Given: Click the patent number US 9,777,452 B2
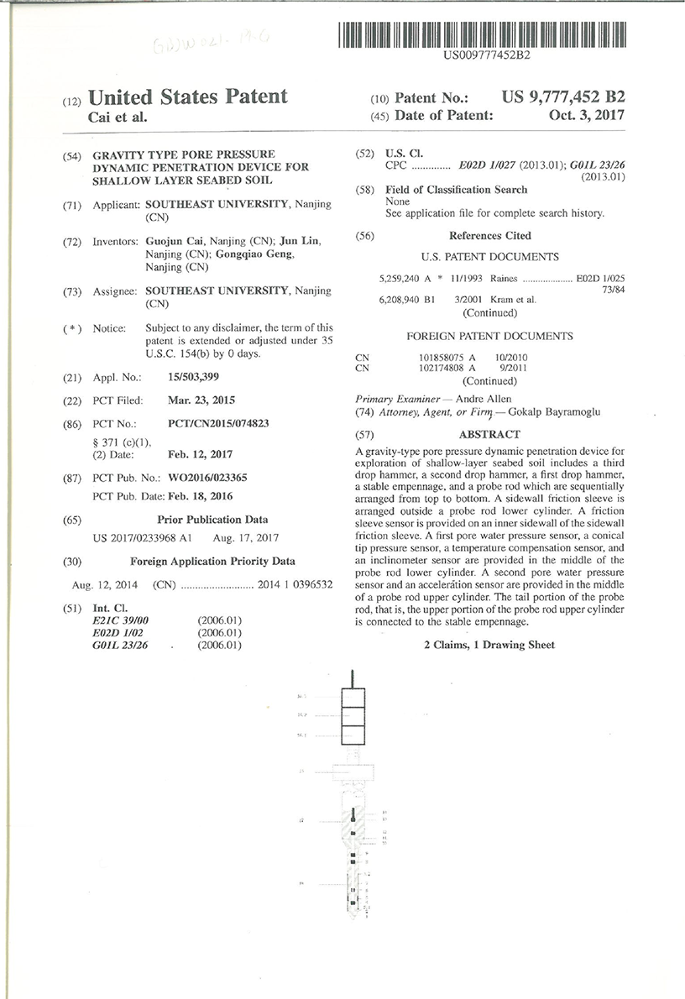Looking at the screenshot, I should (x=563, y=97).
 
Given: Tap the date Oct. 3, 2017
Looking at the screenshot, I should (x=587, y=116).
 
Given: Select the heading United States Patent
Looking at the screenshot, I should (x=188, y=97).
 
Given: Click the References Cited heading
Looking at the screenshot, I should (x=489, y=236).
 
